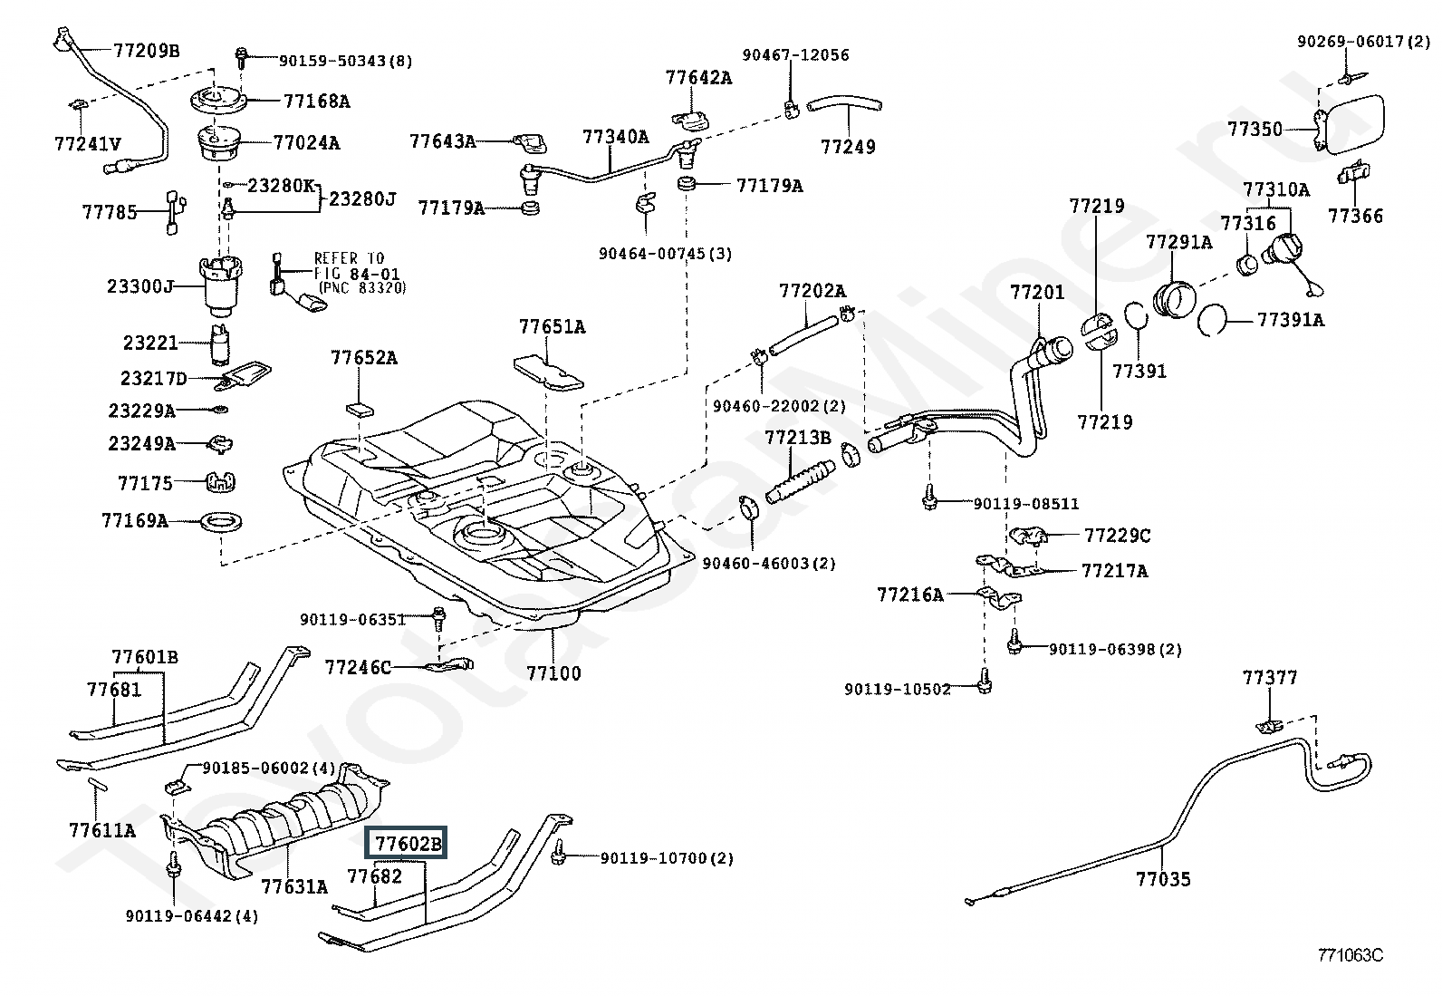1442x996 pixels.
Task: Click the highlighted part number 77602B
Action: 409,844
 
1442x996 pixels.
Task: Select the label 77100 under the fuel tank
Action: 553,673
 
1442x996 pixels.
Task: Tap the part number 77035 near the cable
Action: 1163,878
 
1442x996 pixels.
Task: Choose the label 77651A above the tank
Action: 552,326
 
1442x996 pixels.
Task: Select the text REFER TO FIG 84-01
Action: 356,266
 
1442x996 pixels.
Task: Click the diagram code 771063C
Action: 1350,955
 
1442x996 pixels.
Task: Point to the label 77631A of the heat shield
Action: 293,885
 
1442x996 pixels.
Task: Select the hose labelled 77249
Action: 845,109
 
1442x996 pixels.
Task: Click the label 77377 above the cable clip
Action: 1269,677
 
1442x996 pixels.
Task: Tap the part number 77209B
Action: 146,51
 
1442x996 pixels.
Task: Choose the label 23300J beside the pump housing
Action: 139,286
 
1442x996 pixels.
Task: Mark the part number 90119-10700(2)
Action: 666,857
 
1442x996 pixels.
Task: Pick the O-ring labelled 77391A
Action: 1213,319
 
